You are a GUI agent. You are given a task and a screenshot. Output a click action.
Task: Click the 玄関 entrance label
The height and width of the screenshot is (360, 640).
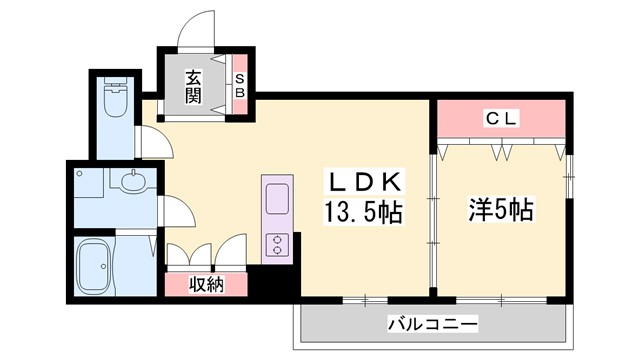[x=193, y=88]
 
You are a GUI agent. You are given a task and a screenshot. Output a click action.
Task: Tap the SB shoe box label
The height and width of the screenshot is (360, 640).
[x=240, y=87]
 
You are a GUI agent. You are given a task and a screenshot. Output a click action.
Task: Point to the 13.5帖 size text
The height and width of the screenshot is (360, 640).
[x=361, y=212]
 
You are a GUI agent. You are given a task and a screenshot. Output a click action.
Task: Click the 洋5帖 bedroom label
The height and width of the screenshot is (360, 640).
[x=501, y=210]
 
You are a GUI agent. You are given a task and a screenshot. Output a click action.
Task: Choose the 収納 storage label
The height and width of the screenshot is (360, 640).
[x=205, y=284]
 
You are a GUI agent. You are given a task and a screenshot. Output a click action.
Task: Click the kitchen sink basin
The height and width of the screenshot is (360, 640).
[x=277, y=198]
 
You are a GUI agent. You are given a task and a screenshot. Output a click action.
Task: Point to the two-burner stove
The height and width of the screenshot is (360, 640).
[x=276, y=244]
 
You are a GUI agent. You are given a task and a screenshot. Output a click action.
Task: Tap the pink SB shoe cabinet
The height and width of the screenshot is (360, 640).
[x=240, y=87]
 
